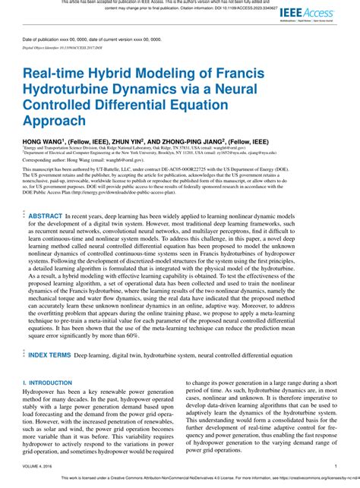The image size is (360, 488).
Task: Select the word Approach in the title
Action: tap(54, 120)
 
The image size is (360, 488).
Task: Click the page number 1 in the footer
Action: tap(335, 466)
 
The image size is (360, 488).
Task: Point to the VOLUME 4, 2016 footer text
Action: tap(41, 466)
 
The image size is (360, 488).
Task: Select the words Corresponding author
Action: tap(44, 162)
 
